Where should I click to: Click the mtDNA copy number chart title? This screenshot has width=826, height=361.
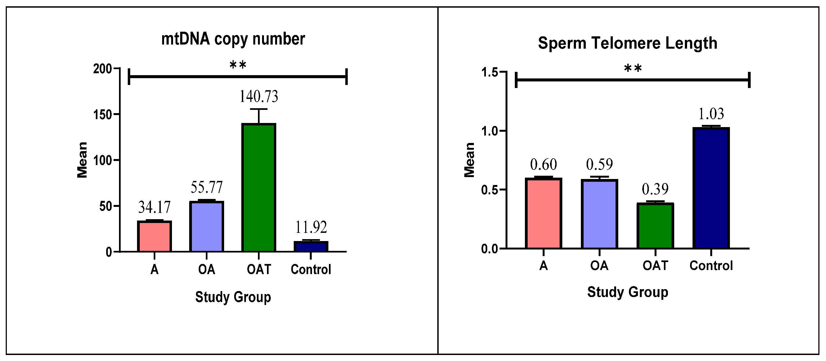coord(233,39)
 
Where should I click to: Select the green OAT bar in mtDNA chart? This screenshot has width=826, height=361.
coord(259,188)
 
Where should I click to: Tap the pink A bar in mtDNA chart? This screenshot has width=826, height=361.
coord(154,236)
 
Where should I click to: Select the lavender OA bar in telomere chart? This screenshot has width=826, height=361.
coord(599,214)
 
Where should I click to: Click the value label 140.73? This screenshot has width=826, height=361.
coord(259,96)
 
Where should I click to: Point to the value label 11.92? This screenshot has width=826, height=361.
coord(311,227)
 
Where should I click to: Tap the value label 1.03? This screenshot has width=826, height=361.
coord(711,114)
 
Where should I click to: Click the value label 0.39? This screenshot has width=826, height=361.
coord(655,189)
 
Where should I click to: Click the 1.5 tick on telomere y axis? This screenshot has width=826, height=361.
coord(490,72)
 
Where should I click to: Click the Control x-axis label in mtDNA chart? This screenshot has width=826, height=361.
coord(311,269)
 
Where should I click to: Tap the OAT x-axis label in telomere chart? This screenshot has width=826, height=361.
coord(655,266)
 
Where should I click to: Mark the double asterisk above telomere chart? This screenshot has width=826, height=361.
coord(633,69)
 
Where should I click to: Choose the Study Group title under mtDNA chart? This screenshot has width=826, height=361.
coord(233,297)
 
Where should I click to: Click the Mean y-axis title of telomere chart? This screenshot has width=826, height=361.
coord(470,160)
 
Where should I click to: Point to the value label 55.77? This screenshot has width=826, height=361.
coord(206,187)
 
